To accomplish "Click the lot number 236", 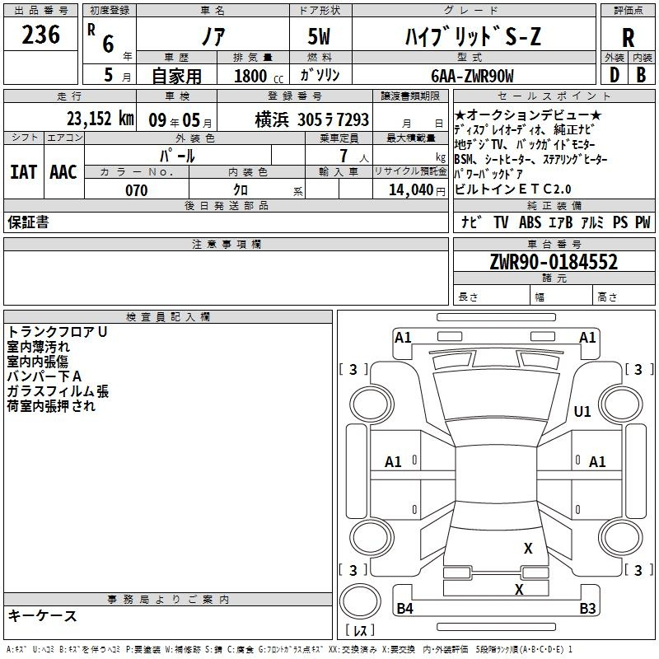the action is point(41,35).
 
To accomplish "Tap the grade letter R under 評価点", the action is point(628,38).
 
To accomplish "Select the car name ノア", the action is point(213,36).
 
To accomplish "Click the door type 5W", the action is point(321,36).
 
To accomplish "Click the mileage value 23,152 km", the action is point(100,119).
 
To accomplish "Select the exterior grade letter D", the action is point(614,75).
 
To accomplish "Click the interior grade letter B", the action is point(641,75).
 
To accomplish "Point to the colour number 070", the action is point(136,190).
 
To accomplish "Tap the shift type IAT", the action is point(23,171).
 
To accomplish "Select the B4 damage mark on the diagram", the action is point(404,609).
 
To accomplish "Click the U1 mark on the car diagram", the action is point(582,411).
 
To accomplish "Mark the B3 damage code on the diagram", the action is point(587,609).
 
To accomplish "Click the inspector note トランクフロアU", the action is point(57,331).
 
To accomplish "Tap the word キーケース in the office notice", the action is point(43,615).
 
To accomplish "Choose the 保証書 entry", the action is point(28,222).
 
